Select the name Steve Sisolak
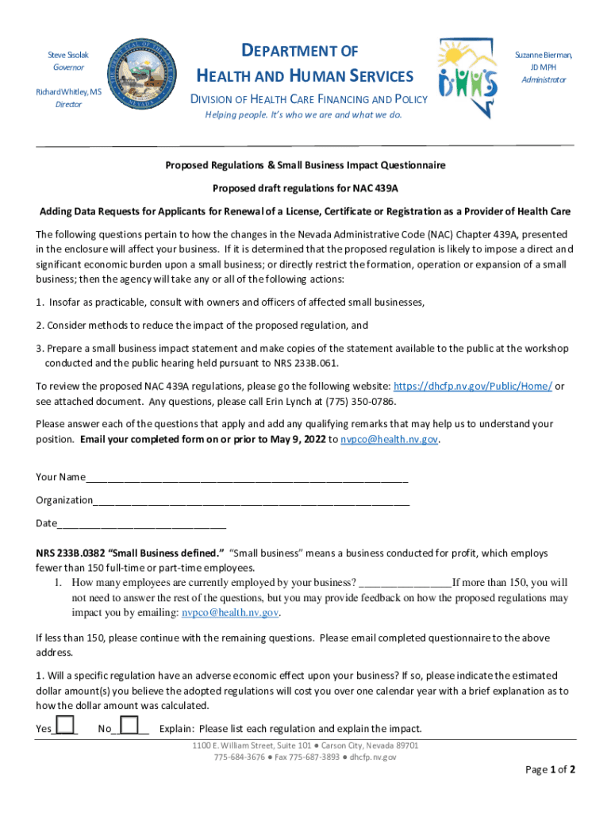tap(67, 55)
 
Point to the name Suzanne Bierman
tap(544, 55)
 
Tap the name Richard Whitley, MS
tap(68, 91)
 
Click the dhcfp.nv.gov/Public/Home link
tap(473, 386)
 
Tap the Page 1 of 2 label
tap(550, 769)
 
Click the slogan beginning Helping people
tap(304, 115)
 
